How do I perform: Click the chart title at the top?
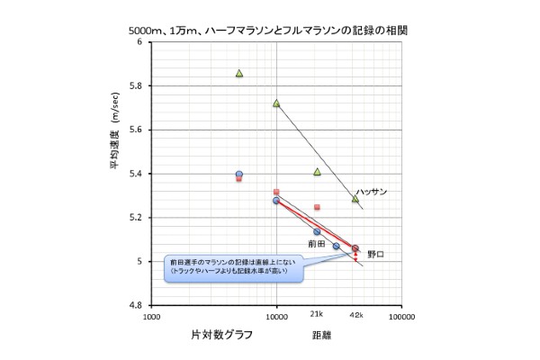[269, 29]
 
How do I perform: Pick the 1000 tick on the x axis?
[150, 319]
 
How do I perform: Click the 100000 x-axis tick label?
[400, 319]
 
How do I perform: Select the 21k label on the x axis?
[316, 315]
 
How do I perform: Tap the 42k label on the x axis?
[355, 315]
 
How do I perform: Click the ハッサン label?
[371, 192]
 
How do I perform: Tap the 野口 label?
[375, 254]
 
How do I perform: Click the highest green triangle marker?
[239, 74]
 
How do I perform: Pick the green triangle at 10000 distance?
[276, 103]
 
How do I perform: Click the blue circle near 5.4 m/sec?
[238, 175]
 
